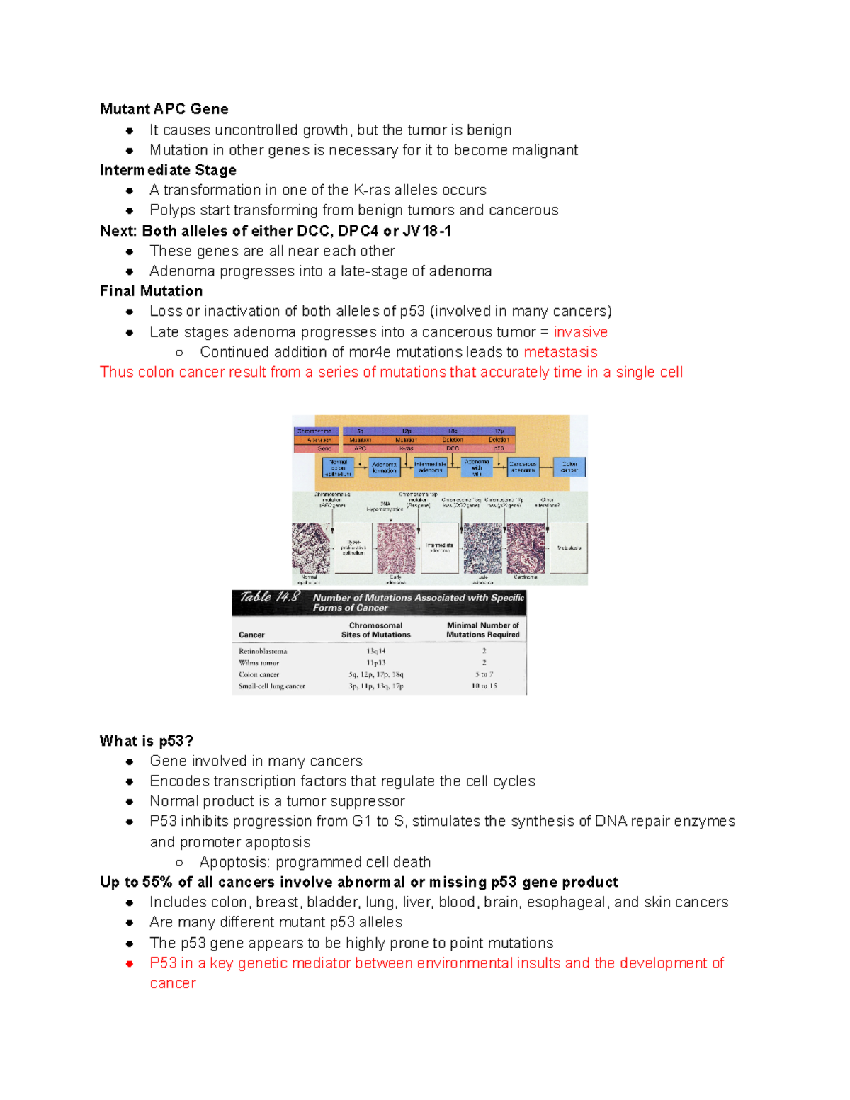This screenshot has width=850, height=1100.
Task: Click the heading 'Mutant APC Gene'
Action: [x=164, y=109]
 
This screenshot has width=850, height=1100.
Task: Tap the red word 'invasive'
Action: [x=580, y=332]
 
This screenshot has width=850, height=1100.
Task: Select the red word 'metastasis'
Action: [x=560, y=352]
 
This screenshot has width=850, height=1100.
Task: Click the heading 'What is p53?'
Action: [x=146, y=741]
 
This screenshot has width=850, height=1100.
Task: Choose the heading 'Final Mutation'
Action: [x=151, y=291]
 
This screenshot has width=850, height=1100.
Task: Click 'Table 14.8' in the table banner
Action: [x=269, y=597]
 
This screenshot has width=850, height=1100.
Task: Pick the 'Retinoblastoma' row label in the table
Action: [x=263, y=651]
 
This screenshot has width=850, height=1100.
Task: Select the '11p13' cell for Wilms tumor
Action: [x=375, y=663]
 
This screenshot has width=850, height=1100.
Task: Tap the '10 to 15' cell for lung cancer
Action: [x=484, y=686]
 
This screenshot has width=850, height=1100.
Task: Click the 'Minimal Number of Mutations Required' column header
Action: [x=482, y=630]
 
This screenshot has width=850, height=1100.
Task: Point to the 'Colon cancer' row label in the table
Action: [x=259, y=674]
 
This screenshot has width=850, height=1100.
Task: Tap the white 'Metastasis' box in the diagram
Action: [x=569, y=548]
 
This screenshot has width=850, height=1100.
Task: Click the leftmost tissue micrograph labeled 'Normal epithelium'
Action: [x=311, y=548]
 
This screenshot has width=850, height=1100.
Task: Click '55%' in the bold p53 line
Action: [x=157, y=882]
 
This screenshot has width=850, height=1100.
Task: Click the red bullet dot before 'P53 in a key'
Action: [x=130, y=963]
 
